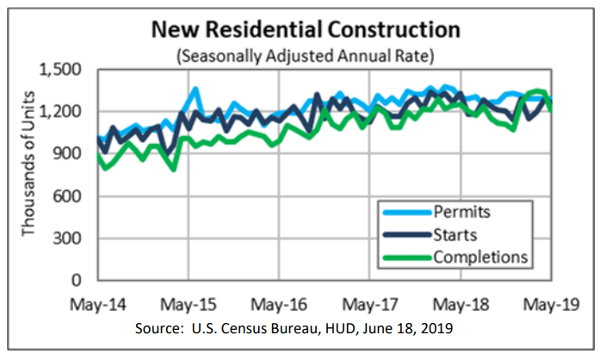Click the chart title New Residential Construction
tap(306, 31)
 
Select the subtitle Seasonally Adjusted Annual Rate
tap(306, 56)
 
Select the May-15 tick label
tap(188, 306)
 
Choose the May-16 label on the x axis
tap(279, 306)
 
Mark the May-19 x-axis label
tap(552, 306)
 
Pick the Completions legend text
tap(479, 256)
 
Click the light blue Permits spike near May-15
tap(195, 89)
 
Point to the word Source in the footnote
tap(158, 331)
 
